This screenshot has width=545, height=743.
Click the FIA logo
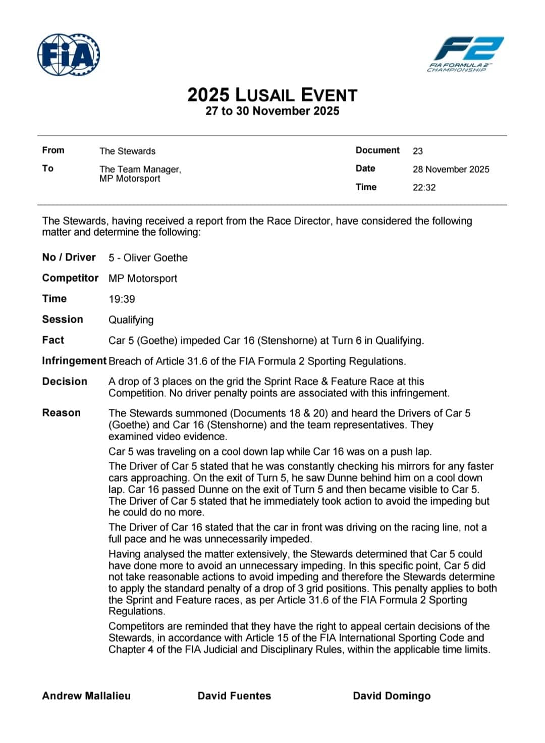[x=69, y=55]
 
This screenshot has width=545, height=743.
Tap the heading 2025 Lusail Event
[x=272, y=95]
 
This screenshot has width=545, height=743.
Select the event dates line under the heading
[x=272, y=111]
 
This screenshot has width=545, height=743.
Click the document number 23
[x=418, y=151]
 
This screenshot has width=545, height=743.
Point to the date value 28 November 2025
[x=451, y=169]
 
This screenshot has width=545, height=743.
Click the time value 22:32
[x=424, y=187]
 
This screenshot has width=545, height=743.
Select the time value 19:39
[x=122, y=299]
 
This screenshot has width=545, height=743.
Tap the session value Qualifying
[x=131, y=320]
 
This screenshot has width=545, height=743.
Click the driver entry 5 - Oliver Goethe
[x=148, y=257]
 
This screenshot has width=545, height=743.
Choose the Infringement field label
[x=74, y=361]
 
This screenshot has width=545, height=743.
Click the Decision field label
[x=65, y=382]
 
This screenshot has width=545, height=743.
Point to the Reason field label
[x=61, y=413]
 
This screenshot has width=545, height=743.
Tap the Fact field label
[x=53, y=340]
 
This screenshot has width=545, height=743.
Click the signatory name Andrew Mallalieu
[x=86, y=696]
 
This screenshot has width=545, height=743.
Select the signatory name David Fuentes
[x=234, y=696]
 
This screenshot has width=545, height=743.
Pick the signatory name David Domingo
[x=392, y=696]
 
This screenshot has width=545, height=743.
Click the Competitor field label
[x=70, y=278]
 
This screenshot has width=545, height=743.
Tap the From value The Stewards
[x=127, y=151]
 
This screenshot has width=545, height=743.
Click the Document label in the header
[x=377, y=150]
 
